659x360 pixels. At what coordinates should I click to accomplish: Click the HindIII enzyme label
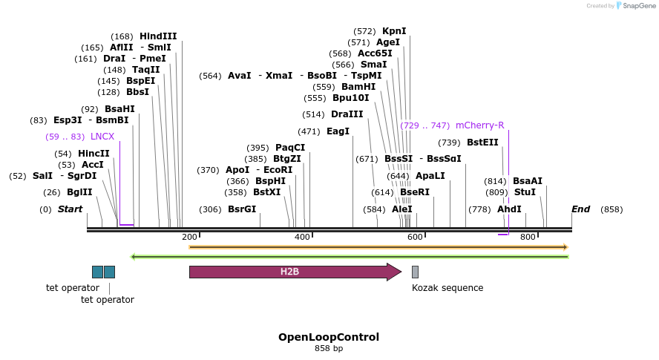158,36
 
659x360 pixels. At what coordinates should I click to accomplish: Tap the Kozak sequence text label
447,288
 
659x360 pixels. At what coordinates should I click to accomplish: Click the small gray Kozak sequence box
415,272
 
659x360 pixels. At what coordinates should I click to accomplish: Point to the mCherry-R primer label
479,125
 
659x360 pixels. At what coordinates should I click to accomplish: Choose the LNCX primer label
102,137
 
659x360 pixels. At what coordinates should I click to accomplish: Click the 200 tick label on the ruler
189,237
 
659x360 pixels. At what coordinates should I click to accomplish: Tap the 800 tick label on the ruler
528,237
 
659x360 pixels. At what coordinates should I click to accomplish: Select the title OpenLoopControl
329,337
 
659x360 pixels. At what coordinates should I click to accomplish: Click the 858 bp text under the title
329,348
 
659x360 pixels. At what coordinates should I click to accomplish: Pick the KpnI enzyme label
394,31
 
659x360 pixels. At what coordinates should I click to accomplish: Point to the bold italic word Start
71,209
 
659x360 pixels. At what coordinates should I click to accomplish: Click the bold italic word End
580,209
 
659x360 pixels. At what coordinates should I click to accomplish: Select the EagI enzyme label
338,131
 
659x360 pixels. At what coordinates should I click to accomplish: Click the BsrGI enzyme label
242,209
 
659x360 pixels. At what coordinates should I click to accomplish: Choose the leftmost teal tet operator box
97,272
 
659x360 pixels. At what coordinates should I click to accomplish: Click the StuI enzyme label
525,192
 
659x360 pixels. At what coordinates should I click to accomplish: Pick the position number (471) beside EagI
309,131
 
